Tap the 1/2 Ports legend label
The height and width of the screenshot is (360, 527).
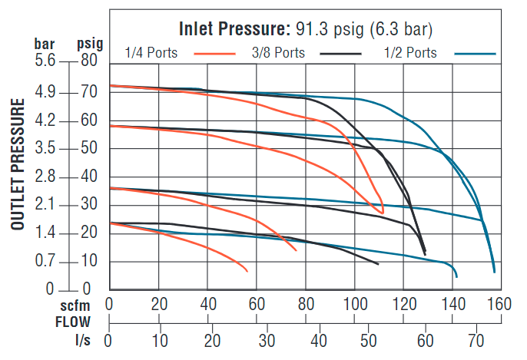tap(411, 53)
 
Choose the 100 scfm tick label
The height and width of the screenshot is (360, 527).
tap(355, 303)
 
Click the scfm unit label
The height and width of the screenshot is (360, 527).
tap(75, 304)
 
